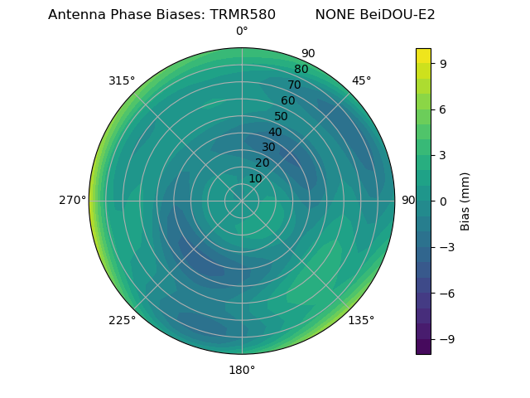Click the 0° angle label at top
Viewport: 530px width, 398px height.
click(x=242, y=32)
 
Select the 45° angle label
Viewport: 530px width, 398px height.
click(x=361, y=80)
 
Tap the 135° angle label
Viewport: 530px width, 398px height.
click(x=361, y=320)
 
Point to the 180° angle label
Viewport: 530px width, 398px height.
click(x=242, y=370)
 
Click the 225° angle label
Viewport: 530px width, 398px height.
click(x=122, y=320)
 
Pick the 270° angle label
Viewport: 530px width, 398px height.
click(x=72, y=201)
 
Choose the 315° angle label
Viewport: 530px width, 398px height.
click(x=122, y=80)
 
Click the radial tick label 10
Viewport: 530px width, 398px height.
click(x=255, y=178)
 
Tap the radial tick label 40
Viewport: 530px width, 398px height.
click(x=275, y=132)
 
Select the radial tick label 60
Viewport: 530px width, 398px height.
click(x=288, y=101)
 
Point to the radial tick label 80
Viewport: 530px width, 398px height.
click(x=301, y=70)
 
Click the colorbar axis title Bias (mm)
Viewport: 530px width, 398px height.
click(x=465, y=201)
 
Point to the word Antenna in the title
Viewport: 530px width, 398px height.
click(x=74, y=14)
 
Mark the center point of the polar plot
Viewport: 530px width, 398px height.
click(x=242, y=201)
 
